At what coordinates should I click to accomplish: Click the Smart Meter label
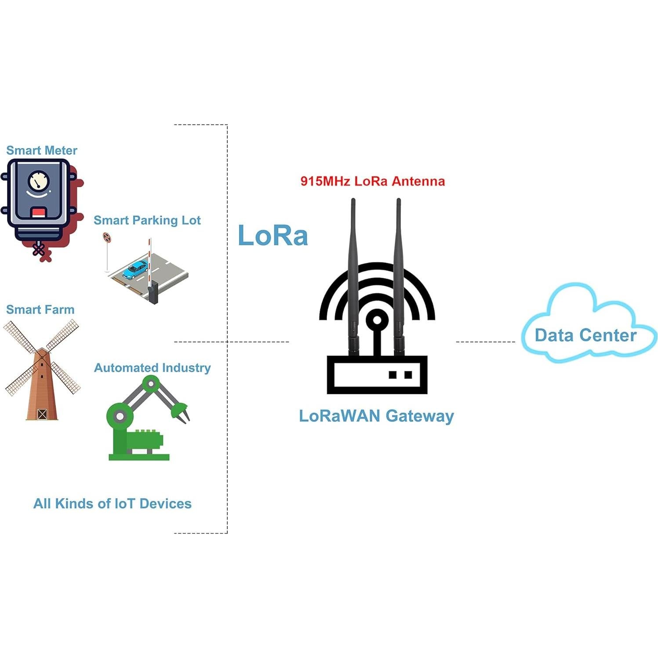point(42,150)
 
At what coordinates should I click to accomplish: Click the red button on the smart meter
point(39,213)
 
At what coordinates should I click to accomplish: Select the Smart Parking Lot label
point(147,220)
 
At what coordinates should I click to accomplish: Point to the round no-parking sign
point(107,238)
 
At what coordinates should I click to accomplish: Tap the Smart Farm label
point(40,309)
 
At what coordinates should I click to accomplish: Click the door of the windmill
point(42,414)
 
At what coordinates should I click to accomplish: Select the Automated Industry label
point(152,367)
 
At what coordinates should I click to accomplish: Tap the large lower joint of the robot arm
point(120,416)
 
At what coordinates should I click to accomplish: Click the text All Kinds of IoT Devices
point(113,503)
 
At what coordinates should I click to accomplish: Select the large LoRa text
point(273,235)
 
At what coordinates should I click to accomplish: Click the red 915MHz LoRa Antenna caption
point(372,181)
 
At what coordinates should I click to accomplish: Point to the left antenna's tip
point(353,201)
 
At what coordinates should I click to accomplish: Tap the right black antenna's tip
point(398,201)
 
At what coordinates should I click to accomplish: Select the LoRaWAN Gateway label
point(376,416)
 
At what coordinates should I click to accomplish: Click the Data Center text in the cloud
point(585,335)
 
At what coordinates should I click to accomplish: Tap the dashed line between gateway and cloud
point(485,342)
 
